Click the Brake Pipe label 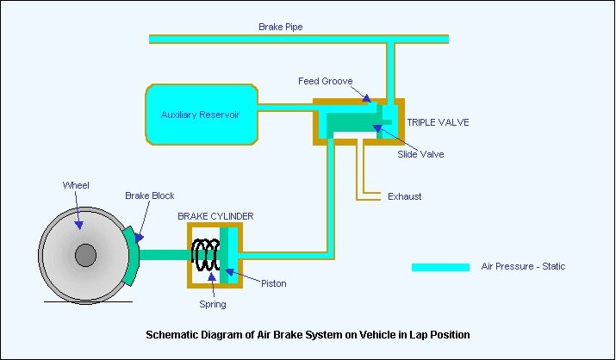(x=281, y=27)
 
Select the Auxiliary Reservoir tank (x=202, y=114)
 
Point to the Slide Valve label (x=420, y=154)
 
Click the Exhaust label (x=405, y=196)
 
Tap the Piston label (x=273, y=283)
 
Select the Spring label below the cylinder (x=212, y=304)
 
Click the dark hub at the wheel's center (x=85, y=255)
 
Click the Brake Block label (x=149, y=196)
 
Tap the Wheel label (x=76, y=185)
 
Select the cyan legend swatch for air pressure (x=440, y=267)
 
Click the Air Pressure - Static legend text (x=523, y=267)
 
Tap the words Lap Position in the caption (x=443, y=334)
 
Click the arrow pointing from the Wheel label (x=79, y=211)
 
